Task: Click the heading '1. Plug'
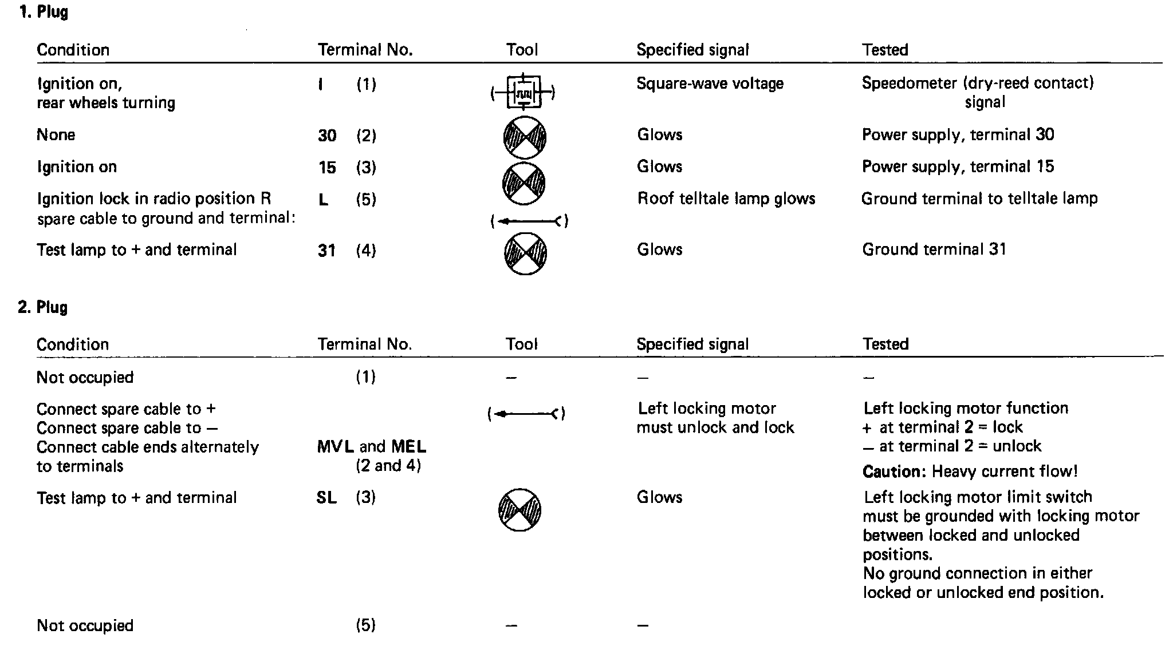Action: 44,12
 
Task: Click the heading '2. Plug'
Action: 43,307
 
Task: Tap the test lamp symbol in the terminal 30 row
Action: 525,137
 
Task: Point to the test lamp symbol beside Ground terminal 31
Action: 525,253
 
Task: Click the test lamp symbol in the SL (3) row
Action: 519,510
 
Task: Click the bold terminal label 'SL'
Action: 326,498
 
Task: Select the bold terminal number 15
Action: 327,168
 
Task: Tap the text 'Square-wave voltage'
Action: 710,84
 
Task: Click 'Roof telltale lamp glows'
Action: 726,199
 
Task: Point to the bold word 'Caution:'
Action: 894,472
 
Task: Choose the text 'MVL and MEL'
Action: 372,447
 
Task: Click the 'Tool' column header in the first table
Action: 522,50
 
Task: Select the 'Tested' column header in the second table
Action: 885,344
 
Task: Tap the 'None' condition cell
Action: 56,135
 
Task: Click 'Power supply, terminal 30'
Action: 958,135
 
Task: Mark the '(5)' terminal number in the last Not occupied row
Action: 365,625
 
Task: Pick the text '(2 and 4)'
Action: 388,466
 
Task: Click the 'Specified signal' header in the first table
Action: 692,50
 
